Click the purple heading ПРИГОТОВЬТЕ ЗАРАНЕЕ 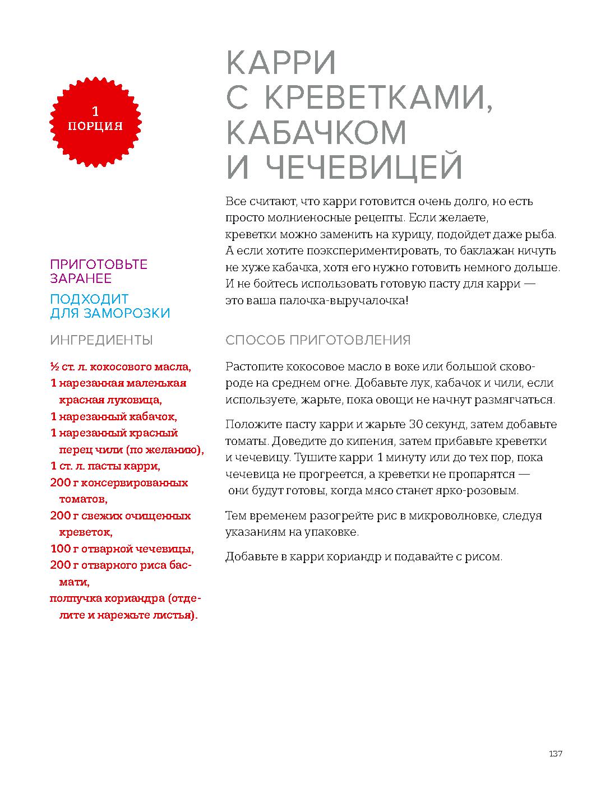[99, 271]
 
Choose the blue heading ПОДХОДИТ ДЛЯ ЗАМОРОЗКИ [110, 306]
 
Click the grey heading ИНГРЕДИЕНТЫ [101, 340]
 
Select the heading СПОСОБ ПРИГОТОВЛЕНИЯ [318, 340]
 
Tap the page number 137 [555, 754]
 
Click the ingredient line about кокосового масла [121, 368]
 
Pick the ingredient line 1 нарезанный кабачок [113, 417]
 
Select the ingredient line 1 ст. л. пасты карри [105, 466]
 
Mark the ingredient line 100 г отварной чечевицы [122, 549]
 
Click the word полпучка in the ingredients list [71, 598]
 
